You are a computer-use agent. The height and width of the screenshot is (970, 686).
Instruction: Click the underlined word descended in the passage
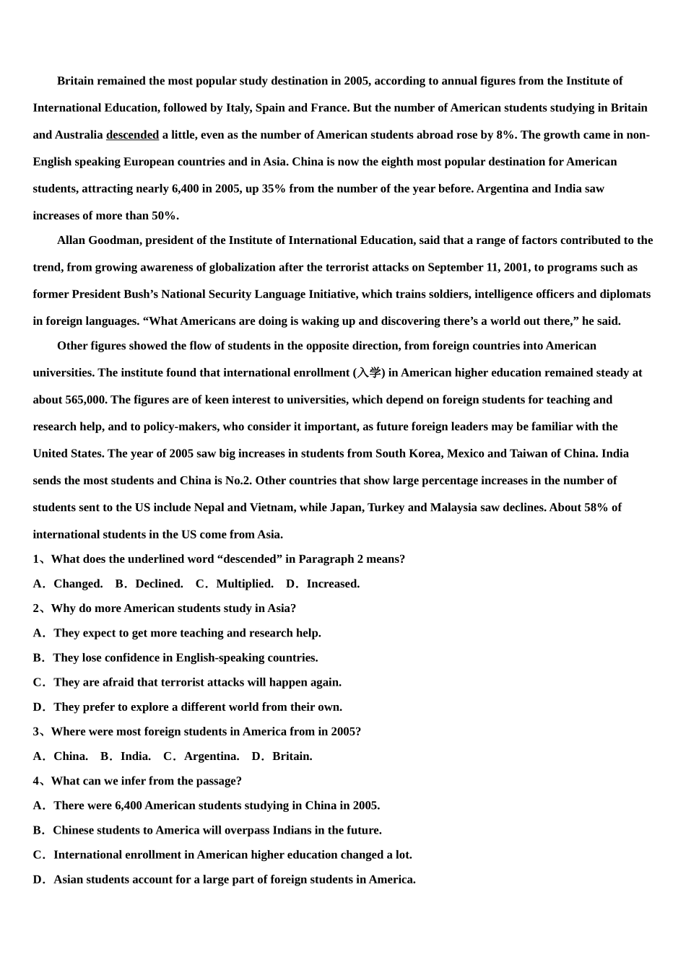[132, 135]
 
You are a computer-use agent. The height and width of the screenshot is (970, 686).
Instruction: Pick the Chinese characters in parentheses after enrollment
[369, 373]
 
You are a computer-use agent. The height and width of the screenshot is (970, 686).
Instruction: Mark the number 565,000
[85, 400]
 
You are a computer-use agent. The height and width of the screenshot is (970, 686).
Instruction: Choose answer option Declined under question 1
[159, 584]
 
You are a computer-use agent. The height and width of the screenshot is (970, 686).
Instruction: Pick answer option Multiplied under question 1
[244, 584]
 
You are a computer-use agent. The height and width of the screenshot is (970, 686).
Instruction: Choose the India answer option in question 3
[135, 756]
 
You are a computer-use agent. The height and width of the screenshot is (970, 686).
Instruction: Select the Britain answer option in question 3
[292, 756]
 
